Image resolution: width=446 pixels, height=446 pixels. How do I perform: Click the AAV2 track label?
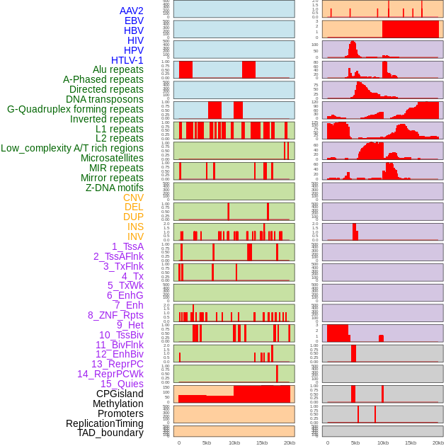tap(131, 11)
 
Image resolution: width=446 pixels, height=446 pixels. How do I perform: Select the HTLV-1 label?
tap(127, 60)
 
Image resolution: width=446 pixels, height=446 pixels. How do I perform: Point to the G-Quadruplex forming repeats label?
tap(75, 109)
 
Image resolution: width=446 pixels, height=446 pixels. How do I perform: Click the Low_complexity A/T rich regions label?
tap(72, 148)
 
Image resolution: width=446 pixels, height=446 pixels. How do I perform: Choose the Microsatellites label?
tap(112, 158)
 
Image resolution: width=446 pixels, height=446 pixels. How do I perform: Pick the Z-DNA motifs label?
tap(114, 188)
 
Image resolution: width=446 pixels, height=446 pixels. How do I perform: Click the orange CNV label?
tap(133, 198)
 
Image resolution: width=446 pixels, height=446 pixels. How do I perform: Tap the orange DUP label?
tap(133, 217)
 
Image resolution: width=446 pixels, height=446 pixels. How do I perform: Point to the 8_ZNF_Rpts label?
tap(115, 315)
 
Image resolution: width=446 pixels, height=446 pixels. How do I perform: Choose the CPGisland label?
tap(120, 394)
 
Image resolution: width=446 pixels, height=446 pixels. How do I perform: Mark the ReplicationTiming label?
tap(104, 423)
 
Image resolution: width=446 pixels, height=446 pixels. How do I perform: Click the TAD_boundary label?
tap(110, 433)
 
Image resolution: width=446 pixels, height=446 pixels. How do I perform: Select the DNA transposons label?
tap(105, 99)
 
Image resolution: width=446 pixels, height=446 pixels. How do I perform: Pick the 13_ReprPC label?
tap(117, 364)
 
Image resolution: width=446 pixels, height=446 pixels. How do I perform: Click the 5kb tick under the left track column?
tap(207, 442)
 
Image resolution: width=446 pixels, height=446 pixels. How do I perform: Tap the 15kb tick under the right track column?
tap(411, 442)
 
